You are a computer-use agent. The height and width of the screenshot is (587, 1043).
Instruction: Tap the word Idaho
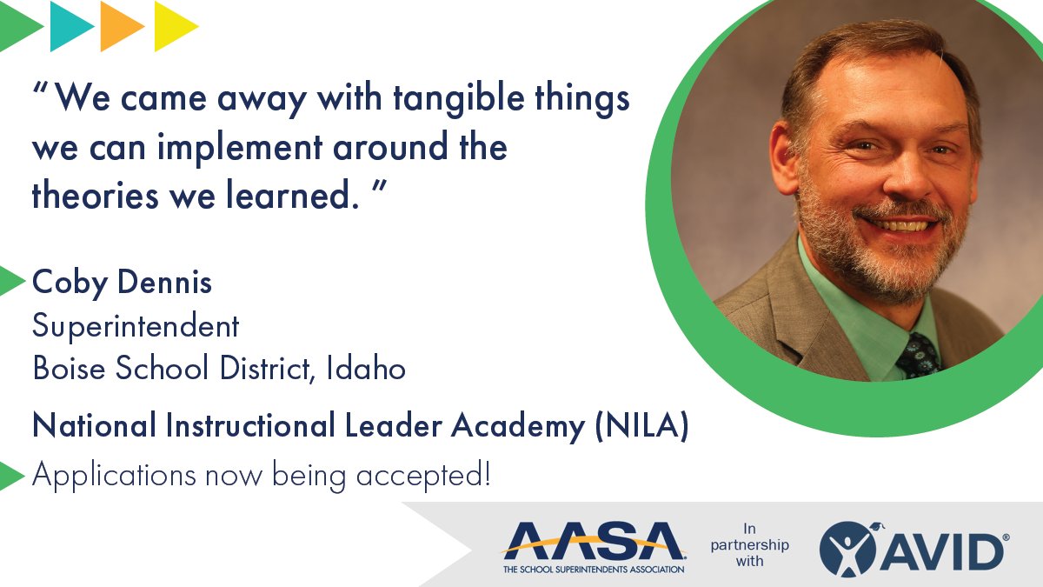coord(366,369)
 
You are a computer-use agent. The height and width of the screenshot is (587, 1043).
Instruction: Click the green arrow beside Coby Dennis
coord(11,281)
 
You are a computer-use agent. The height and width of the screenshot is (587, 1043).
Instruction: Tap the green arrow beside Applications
coord(11,475)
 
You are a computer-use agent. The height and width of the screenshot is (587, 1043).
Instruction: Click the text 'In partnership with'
coord(749,544)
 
